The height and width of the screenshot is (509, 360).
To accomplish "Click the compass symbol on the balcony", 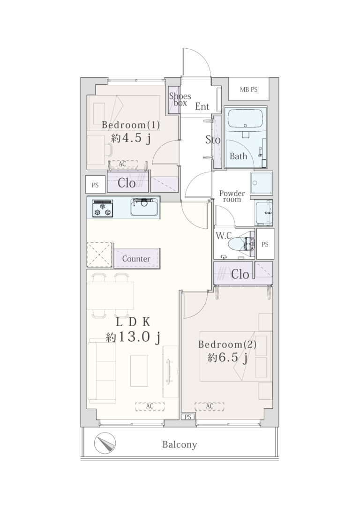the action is tap(105, 444).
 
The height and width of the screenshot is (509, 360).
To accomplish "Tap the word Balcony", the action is tap(180, 445).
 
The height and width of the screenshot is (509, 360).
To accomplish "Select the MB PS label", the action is tap(248, 90).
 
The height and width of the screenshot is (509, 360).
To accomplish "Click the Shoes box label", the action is tap(180, 99).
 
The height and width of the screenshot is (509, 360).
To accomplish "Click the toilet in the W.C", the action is tap(241, 244).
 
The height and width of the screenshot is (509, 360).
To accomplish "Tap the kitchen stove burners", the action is tap(103, 208).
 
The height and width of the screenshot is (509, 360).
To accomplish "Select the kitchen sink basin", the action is tap(145, 208).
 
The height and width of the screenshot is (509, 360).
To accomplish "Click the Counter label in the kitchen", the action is tap(136, 259).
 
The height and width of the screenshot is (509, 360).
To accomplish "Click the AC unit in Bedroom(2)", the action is tap(210, 406).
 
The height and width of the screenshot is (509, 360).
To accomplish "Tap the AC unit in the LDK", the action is tap(150, 406).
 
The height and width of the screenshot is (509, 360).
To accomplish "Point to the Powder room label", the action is tap(232, 196).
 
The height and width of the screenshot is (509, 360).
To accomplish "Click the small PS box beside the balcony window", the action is tap(187, 417).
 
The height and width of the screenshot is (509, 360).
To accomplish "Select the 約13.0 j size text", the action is tap(133, 337).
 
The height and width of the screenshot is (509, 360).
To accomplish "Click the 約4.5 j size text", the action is tap(131, 138).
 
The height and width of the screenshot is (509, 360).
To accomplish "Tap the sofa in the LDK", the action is tap(102, 371).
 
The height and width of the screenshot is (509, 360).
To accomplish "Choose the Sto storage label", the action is tap(213, 140).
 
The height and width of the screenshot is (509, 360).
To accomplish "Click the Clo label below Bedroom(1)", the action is tap(126, 183).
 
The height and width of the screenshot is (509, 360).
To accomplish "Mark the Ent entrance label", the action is tap(202, 106).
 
